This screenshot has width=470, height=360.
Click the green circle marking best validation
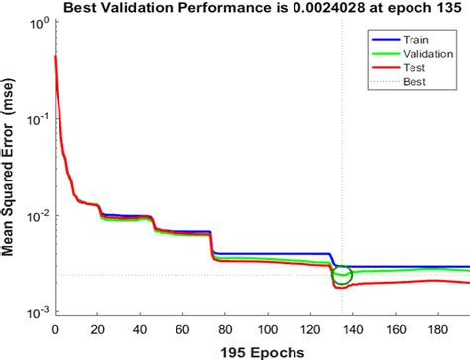[x=342, y=274]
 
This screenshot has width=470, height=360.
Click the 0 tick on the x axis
[x=54, y=328]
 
